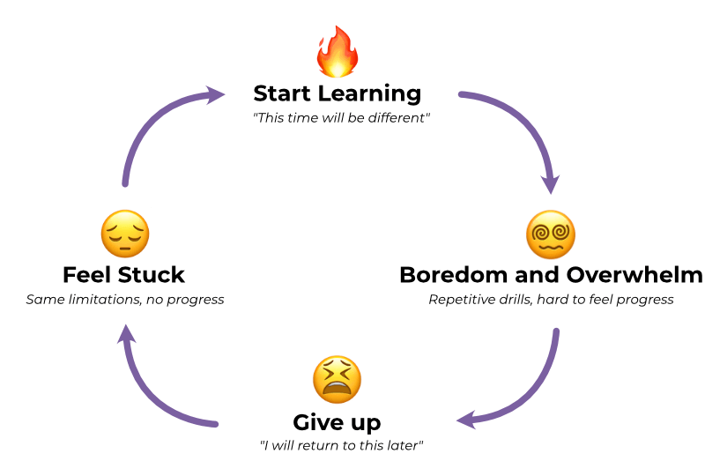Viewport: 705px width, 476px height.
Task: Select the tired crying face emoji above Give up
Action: point(337,379)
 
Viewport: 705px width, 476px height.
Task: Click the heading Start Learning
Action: point(337,93)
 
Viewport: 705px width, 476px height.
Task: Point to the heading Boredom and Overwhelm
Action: point(551,275)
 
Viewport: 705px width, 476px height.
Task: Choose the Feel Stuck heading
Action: point(124,275)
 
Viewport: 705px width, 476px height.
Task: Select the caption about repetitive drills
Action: point(551,300)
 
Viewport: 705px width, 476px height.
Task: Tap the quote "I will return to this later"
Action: point(342,445)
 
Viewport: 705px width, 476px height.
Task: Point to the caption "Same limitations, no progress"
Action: point(125,300)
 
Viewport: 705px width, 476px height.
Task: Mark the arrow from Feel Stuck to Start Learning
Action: point(150,123)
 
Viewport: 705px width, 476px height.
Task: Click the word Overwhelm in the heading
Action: point(634,275)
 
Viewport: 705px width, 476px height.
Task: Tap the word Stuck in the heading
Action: point(152,275)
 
